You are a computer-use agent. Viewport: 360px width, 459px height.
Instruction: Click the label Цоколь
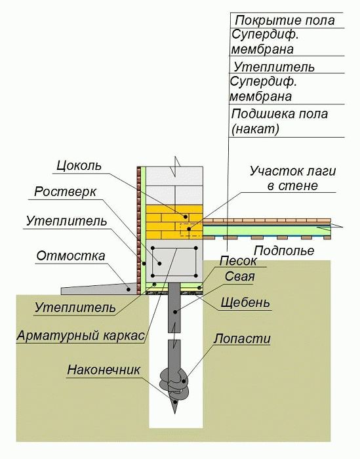(x=79, y=166)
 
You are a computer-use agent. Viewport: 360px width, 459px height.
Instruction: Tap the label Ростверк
(x=65, y=192)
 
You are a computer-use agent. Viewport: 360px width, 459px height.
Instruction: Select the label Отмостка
(x=71, y=256)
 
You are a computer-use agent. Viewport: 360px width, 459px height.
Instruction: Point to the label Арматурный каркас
(x=81, y=336)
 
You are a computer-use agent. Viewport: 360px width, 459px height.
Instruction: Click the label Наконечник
(x=104, y=370)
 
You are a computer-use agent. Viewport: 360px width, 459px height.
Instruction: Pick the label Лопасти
(x=242, y=339)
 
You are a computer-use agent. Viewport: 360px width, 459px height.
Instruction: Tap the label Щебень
(x=245, y=302)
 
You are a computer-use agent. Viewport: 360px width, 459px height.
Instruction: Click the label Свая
(x=240, y=276)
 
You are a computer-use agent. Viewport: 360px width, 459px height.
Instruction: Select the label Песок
(x=238, y=261)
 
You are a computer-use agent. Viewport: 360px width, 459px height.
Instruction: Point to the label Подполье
(x=284, y=250)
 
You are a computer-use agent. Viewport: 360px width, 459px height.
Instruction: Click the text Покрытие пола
(x=285, y=20)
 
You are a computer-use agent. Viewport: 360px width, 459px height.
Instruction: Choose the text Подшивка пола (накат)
(x=279, y=121)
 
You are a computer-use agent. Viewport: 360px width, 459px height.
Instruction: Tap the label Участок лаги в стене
(x=292, y=178)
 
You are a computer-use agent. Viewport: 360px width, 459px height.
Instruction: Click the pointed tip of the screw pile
(x=175, y=413)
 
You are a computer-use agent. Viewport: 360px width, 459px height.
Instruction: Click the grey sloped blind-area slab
(x=99, y=289)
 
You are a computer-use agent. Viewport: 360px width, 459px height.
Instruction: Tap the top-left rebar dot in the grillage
(x=153, y=249)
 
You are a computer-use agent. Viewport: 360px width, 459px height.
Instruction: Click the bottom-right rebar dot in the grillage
(x=195, y=275)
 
